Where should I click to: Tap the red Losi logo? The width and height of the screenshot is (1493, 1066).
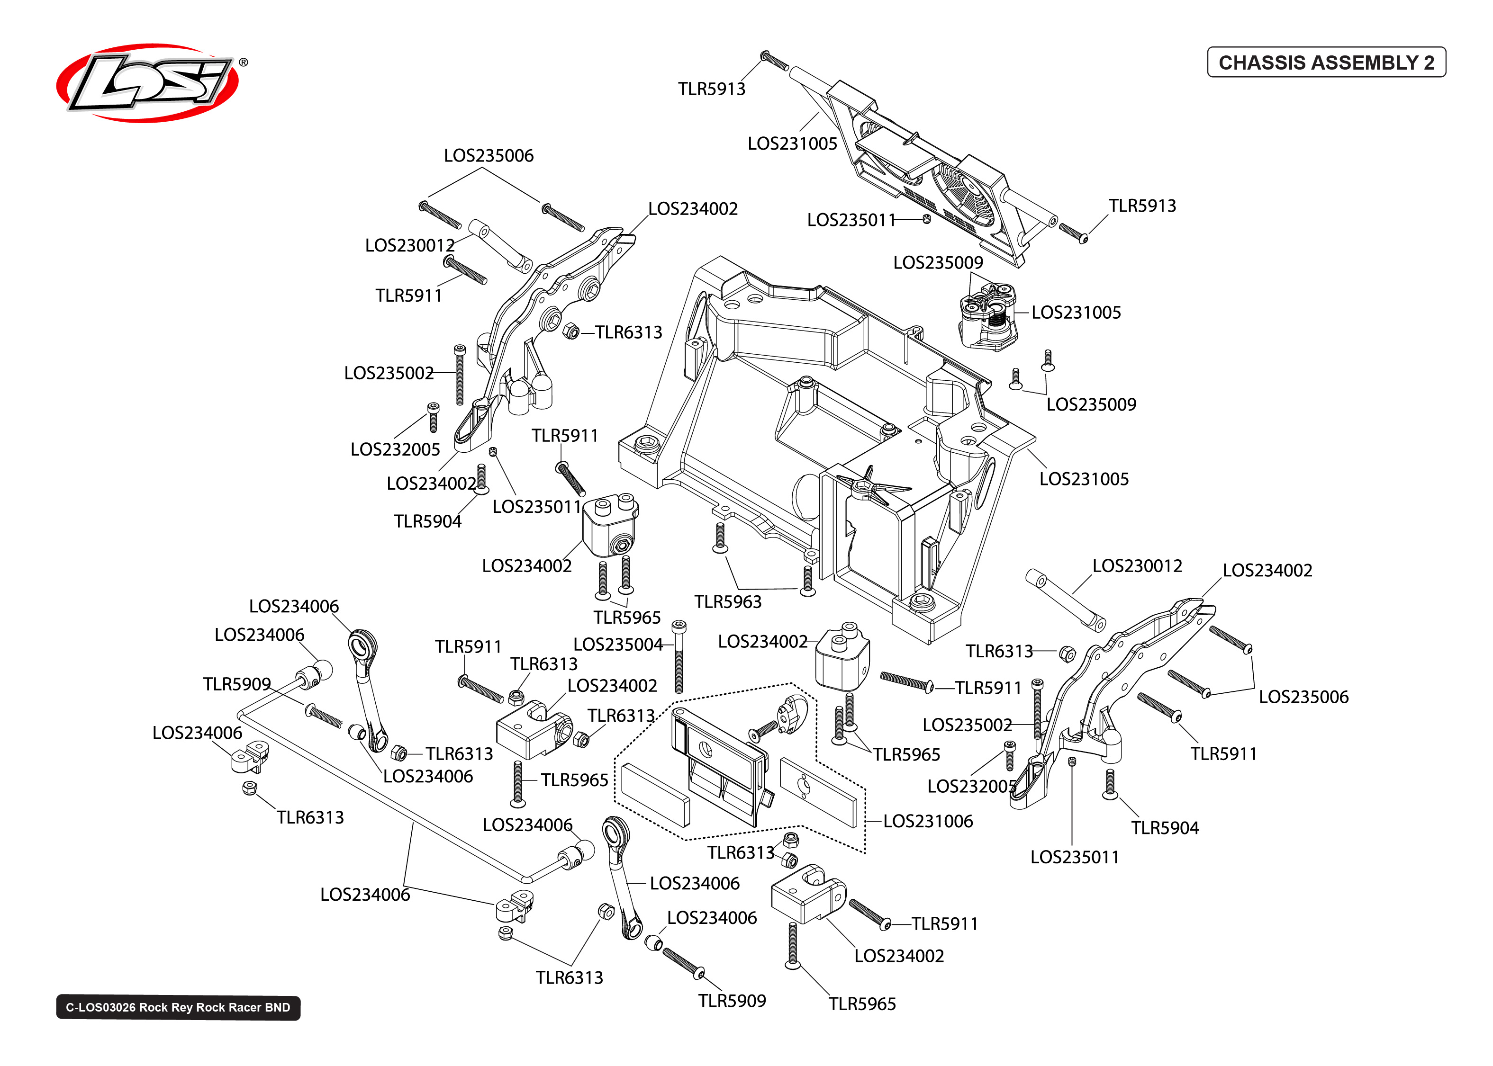tap(148, 83)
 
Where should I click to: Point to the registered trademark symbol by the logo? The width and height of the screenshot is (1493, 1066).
tap(244, 63)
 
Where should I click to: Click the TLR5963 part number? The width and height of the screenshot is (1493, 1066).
tap(727, 602)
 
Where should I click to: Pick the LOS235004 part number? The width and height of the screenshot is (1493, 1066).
tap(617, 645)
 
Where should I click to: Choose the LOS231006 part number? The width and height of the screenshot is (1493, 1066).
tap(927, 821)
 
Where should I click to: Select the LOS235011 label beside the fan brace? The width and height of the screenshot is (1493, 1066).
tap(851, 220)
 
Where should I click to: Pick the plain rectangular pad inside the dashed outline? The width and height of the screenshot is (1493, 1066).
tap(655, 794)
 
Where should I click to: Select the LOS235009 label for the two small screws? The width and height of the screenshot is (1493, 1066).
tap(1091, 404)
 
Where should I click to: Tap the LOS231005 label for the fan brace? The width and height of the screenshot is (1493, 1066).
tap(792, 144)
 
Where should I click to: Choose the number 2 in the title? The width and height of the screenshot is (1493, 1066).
tap(1429, 63)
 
